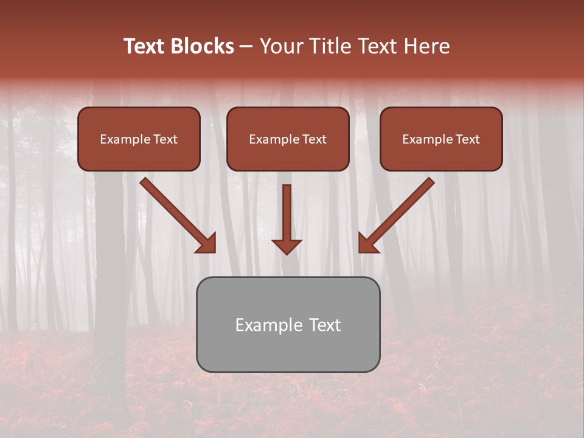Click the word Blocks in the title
tap(203, 46)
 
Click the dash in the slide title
tap(246, 47)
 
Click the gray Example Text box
tap(288, 347)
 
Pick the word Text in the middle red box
tap(315, 139)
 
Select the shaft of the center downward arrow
tap(287, 210)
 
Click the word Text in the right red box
tap(468, 139)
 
